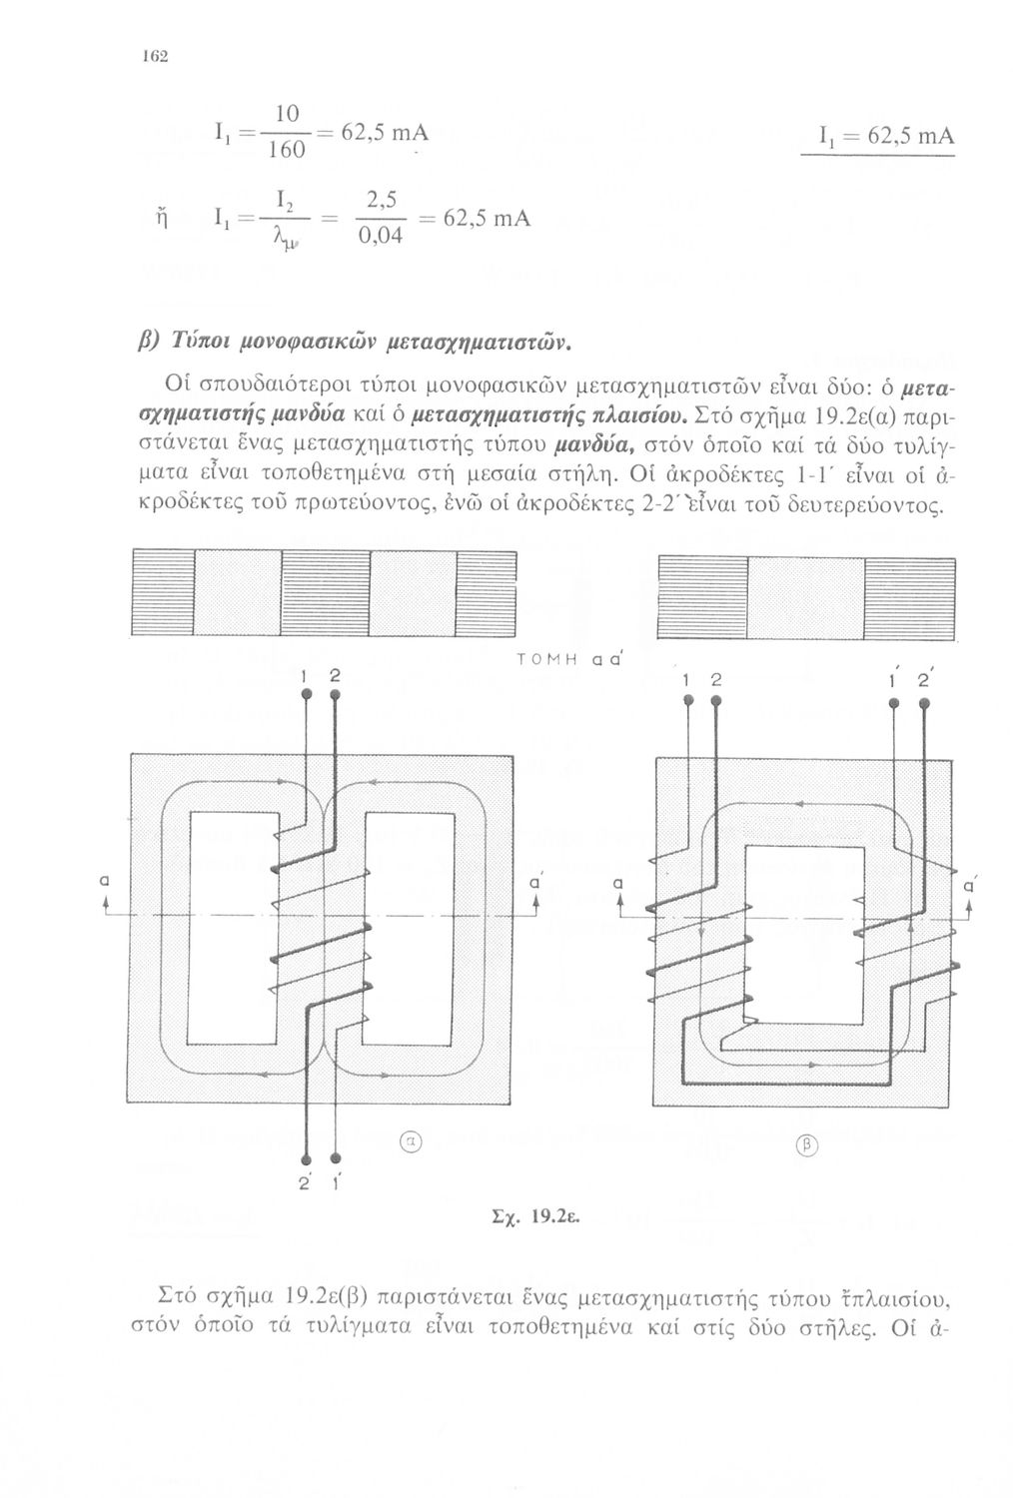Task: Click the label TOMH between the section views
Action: (x=542, y=661)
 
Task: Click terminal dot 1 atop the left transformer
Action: (x=306, y=693)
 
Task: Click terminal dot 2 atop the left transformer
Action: (x=335, y=693)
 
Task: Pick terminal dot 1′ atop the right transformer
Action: (x=894, y=704)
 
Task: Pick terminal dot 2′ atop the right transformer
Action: (x=924, y=704)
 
